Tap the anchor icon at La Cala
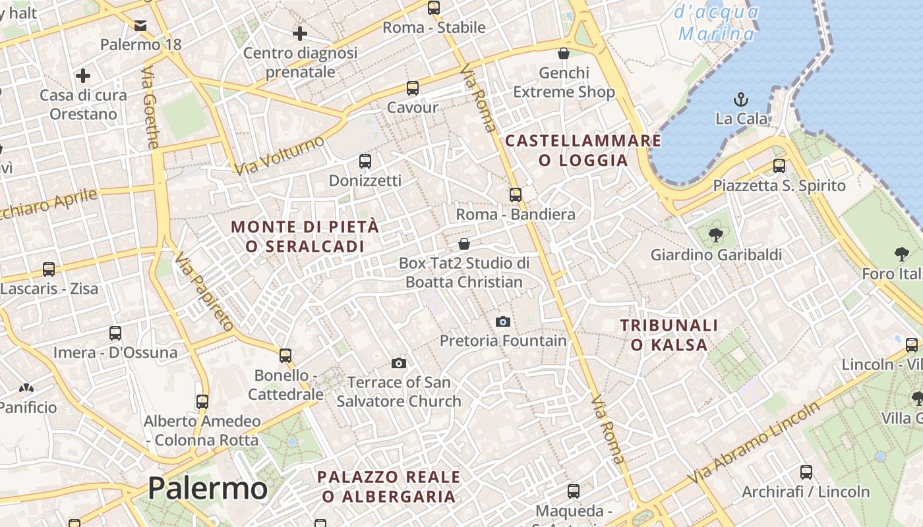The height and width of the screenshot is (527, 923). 741,100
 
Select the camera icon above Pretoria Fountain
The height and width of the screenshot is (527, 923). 503,321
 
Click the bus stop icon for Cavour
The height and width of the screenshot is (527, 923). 413,88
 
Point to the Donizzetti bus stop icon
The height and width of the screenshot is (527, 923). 365,161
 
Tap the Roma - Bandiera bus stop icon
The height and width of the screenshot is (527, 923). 516,194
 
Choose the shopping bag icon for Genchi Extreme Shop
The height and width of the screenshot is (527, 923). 564,53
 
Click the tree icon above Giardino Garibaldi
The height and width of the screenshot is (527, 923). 716,235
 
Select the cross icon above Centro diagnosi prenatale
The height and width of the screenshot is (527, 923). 300,33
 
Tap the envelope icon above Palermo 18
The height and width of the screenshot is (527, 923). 140,26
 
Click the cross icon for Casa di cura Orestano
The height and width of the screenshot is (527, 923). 83,76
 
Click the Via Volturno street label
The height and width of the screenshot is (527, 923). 280,155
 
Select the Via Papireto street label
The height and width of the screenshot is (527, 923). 204,291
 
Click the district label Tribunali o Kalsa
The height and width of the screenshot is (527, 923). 669,335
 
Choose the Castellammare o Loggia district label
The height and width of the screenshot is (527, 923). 583,150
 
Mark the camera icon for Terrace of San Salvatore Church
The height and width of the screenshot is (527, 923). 398,363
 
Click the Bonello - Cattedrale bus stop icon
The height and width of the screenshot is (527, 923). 285,355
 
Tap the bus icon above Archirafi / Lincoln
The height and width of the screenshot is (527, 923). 806,472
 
